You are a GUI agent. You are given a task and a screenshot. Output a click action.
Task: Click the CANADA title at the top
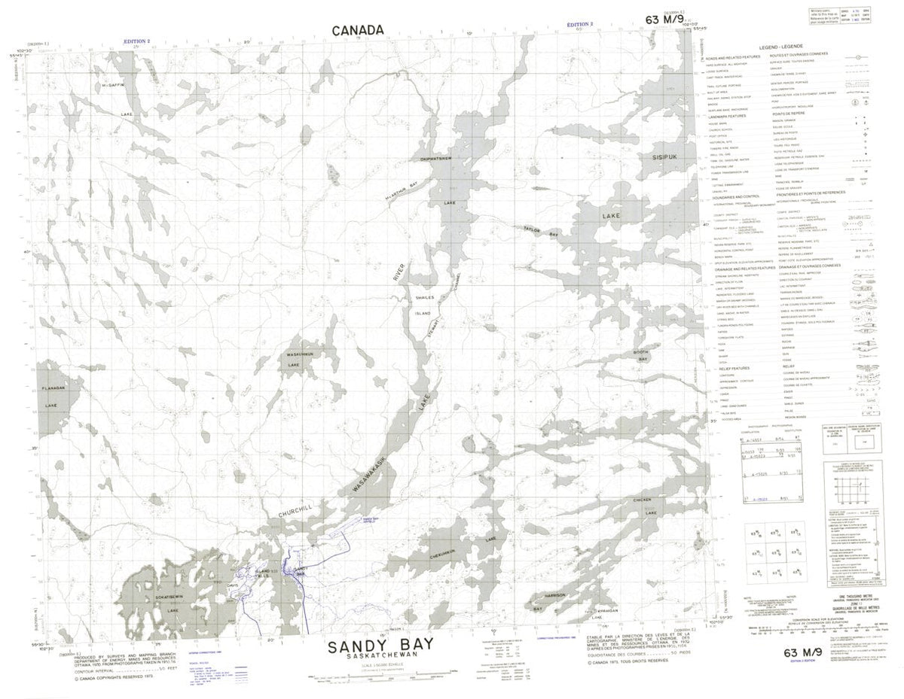[x=358, y=29]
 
